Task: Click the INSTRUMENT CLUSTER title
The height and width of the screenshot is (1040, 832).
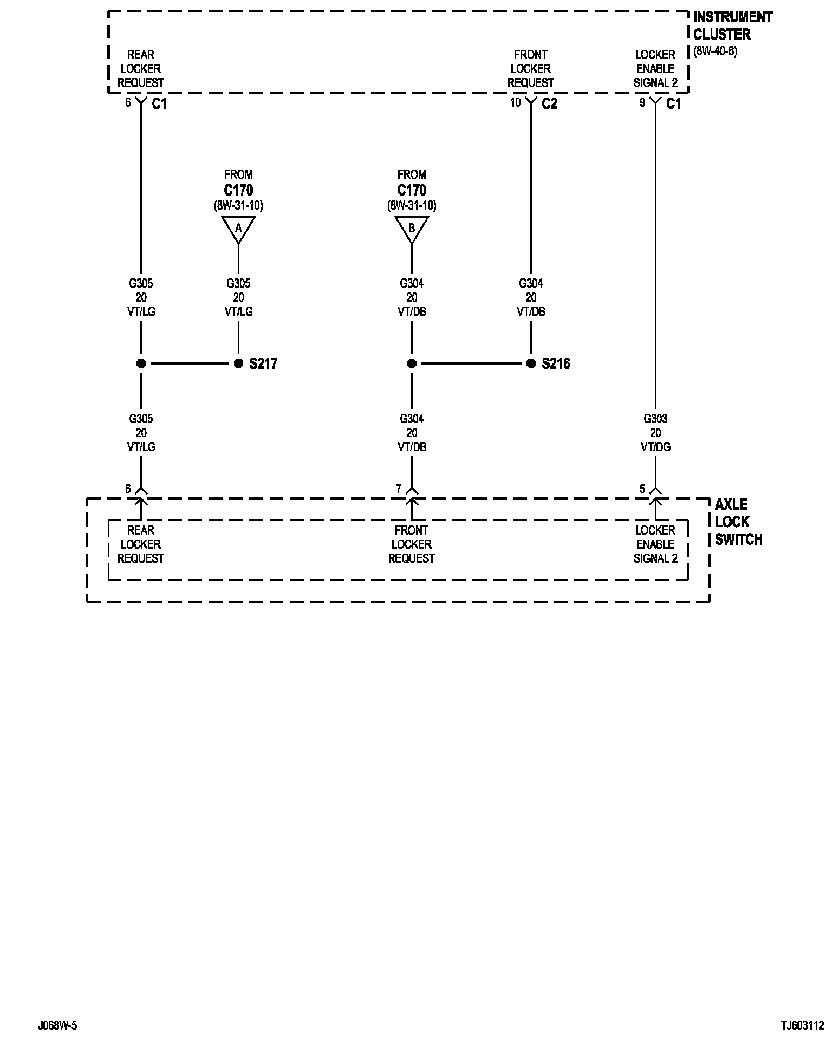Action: [732, 25]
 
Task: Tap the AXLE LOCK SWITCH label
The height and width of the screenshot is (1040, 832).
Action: [738, 522]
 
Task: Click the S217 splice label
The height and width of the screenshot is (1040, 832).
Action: [263, 363]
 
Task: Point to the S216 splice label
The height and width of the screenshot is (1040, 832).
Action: [556, 363]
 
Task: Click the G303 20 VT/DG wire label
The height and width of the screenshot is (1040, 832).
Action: [655, 433]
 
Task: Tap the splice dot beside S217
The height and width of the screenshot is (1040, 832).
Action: [238, 363]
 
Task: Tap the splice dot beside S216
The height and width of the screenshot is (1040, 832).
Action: [531, 363]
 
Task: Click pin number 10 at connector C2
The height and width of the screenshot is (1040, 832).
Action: [515, 102]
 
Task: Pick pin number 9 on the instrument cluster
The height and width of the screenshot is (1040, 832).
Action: [642, 102]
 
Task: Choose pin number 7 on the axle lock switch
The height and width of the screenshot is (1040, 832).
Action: [399, 489]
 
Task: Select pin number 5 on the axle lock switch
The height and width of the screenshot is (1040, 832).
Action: [642, 489]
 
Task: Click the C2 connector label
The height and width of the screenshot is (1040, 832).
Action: [549, 103]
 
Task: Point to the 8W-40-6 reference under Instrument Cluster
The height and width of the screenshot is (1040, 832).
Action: [715, 52]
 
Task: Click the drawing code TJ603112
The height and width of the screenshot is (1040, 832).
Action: [802, 1025]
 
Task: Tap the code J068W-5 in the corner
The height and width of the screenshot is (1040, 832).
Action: [57, 1025]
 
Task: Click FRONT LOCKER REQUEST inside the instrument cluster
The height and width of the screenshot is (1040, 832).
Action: [531, 69]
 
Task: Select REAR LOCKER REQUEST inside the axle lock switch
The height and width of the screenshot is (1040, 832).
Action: [141, 544]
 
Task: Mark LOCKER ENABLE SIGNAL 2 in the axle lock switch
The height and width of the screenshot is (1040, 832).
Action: [655, 544]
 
